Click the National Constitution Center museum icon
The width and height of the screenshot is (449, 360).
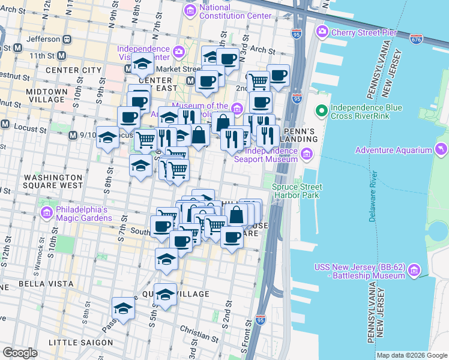click(191, 10)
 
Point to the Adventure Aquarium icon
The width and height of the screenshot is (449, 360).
click(442, 149)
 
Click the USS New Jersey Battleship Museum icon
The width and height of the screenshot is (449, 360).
click(413, 271)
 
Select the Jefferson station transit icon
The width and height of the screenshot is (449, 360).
click(67, 38)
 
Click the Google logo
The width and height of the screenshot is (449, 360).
click(20, 353)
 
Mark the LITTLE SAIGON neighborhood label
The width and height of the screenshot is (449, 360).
click(80, 343)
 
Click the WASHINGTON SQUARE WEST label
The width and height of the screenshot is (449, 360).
click(52, 181)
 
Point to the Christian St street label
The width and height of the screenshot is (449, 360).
click(199, 330)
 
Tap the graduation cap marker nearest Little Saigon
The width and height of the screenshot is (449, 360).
click(123, 308)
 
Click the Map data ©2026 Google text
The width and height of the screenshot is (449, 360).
click(412, 355)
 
